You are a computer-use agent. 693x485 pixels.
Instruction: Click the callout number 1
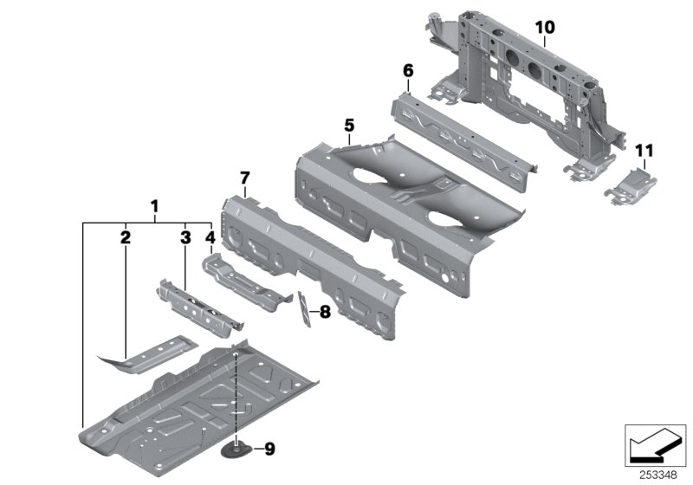[154, 207]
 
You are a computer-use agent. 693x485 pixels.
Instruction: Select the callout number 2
[125, 236]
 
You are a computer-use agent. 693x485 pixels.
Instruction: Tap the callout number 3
[185, 236]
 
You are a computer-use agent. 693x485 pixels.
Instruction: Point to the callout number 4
[210, 236]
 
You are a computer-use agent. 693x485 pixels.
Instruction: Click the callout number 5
[348, 126]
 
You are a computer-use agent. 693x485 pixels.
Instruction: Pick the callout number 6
[408, 69]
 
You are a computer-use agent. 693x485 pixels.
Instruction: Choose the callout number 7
[244, 178]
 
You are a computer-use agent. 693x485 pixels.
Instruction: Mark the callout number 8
[325, 312]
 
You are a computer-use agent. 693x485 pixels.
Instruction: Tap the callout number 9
[268, 449]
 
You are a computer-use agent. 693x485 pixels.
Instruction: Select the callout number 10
[544, 28]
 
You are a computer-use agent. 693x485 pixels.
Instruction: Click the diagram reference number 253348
[660, 475]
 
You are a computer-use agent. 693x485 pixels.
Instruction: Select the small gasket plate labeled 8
[303, 309]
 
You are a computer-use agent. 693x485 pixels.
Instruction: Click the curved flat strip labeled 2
[147, 356]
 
